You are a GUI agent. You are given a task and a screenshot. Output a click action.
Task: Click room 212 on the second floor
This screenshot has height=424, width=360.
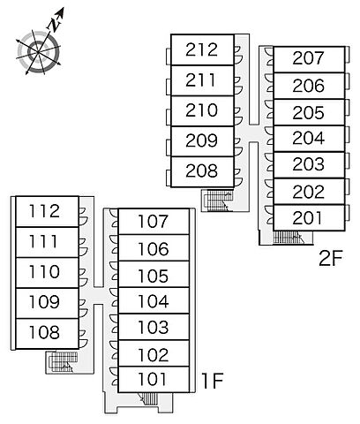click(x=202, y=49)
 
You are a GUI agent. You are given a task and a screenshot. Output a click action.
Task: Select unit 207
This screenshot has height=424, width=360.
click(x=309, y=59)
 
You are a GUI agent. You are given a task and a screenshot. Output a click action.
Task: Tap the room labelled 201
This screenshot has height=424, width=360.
click(x=309, y=217)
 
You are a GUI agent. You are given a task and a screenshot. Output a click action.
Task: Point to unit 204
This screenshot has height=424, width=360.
click(x=309, y=139)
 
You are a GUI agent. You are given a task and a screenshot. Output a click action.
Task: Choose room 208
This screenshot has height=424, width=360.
click(x=202, y=171)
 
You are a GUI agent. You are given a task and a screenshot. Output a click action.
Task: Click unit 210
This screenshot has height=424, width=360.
click(x=202, y=111)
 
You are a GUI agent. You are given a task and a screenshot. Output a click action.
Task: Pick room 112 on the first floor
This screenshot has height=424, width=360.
click(x=47, y=211)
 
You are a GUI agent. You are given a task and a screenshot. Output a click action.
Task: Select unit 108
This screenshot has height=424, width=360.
click(x=47, y=333)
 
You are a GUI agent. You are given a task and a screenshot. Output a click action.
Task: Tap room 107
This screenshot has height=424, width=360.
click(x=154, y=222)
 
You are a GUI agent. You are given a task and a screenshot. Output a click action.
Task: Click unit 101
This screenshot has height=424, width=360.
click(x=154, y=380)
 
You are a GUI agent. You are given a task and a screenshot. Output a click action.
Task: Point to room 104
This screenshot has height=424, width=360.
click(x=154, y=300)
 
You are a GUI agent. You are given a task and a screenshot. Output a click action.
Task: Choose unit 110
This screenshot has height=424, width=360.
click(x=47, y=272)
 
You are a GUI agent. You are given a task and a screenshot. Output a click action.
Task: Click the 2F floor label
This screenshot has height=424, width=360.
click(x=331, y=258)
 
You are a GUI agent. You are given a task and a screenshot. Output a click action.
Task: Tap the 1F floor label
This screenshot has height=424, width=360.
click(x=212, y=380)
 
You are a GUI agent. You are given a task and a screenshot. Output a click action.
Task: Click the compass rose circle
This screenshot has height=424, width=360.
click(x=38, y=52)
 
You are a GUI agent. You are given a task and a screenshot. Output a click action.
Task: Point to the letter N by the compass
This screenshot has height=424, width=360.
click(x=54, y=24)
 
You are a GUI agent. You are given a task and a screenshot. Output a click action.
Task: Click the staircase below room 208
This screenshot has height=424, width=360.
click(x=218, y=201)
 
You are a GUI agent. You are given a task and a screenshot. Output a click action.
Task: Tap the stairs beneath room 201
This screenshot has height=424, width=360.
click(x=288, y=238)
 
